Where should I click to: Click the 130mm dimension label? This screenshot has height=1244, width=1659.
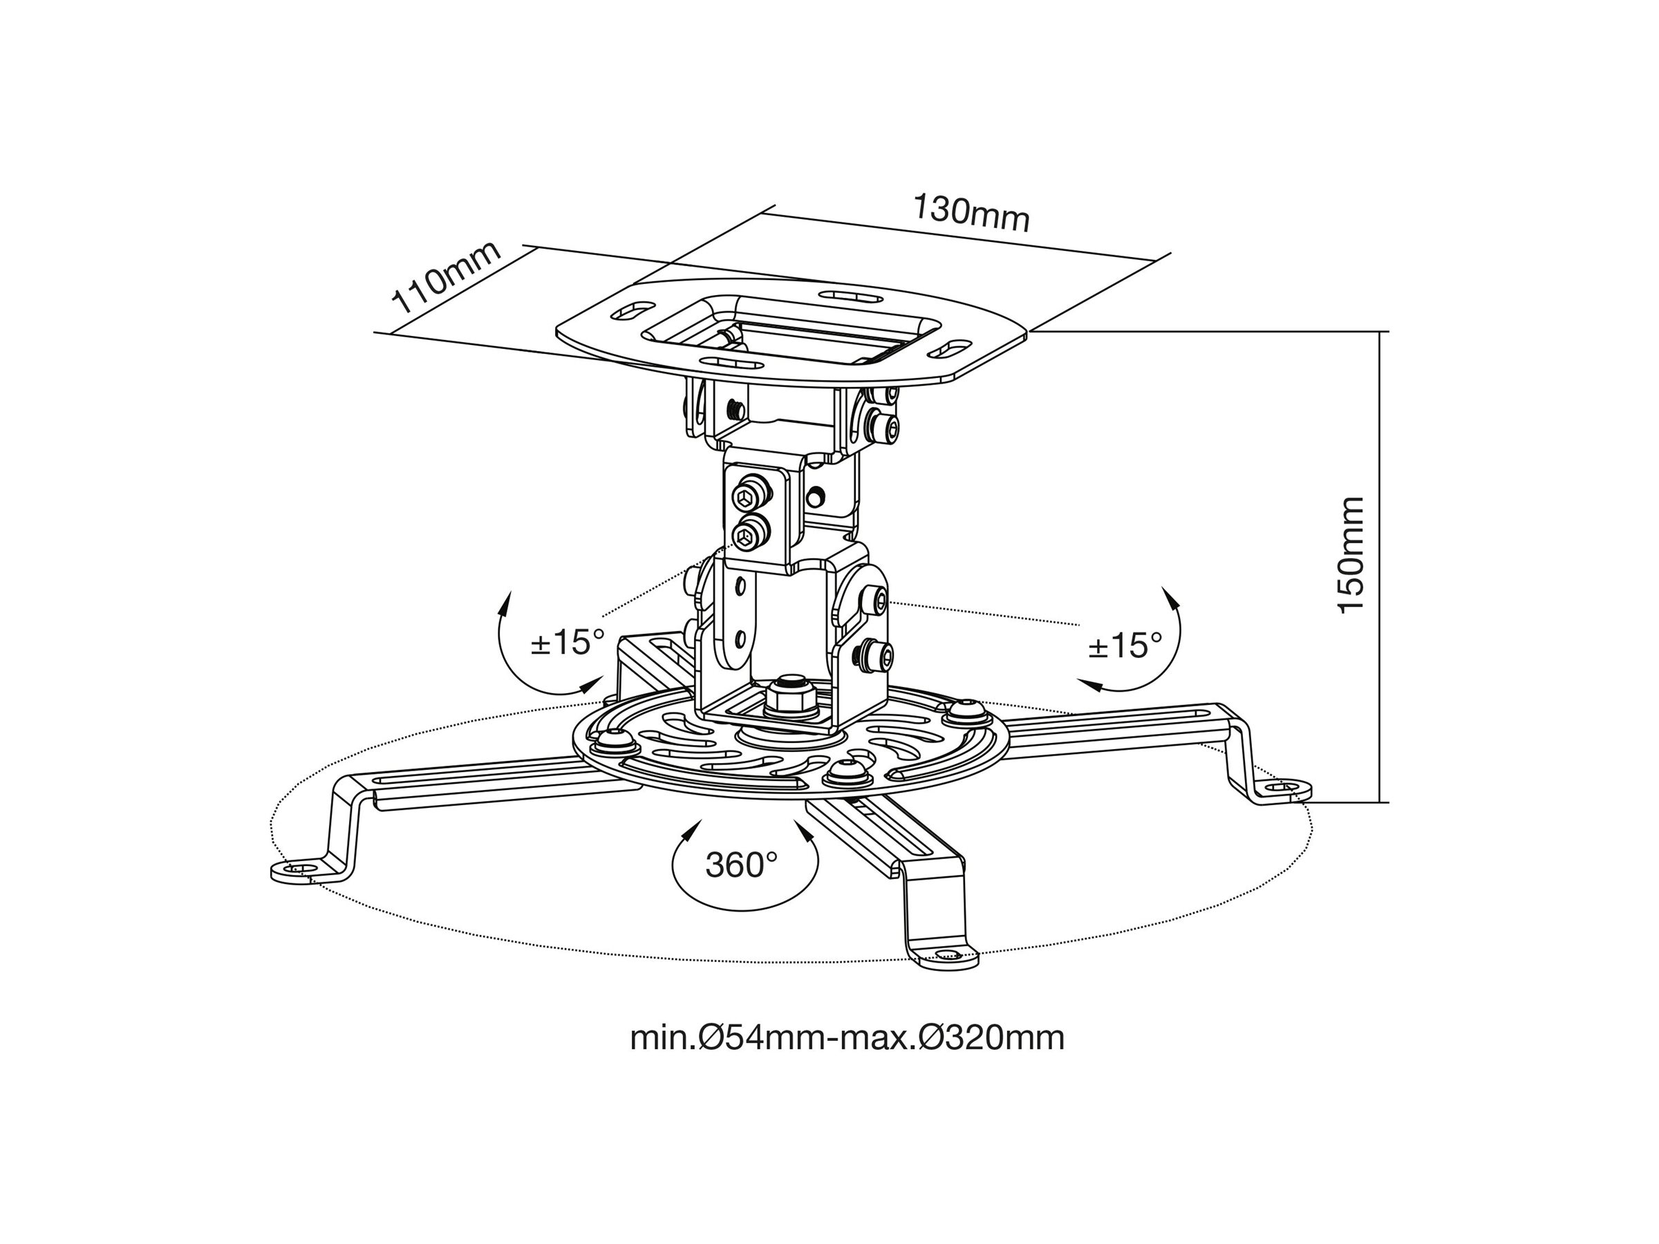click(971, 213)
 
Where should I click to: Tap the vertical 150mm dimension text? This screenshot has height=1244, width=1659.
click(1351, 554)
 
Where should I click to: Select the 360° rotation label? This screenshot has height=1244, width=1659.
click(741, 865)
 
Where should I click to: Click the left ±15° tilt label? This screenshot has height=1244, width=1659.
click(568, 643)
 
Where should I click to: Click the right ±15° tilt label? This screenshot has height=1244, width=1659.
click(1125, 645)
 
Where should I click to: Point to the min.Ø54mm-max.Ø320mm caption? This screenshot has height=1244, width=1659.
click(847, 1038)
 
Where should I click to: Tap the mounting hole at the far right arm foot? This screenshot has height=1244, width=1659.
click(1283, 788)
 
